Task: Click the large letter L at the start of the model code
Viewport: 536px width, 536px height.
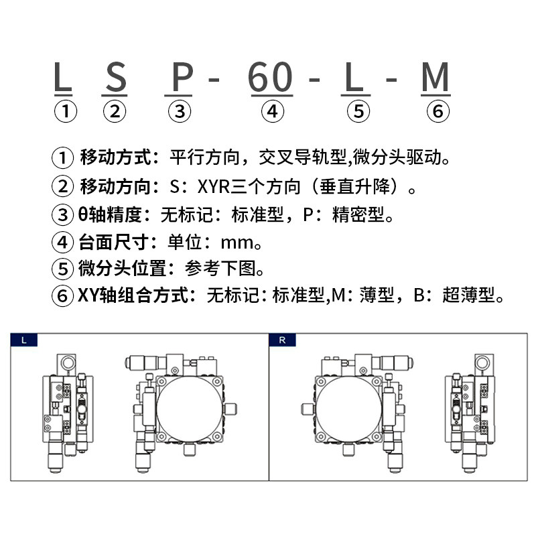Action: point(63,78)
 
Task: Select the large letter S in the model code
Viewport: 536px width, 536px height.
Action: point(116,78)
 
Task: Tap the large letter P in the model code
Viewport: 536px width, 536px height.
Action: point(181,78)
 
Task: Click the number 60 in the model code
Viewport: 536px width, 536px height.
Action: point(271,78)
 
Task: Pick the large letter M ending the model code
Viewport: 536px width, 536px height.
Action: point(435,78)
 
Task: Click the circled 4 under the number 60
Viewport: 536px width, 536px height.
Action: point(271,111)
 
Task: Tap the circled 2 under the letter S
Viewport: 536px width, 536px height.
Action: point(115,111)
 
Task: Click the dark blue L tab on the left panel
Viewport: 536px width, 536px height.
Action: point(24,340)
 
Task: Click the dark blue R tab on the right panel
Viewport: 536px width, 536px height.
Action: point(282,340)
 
